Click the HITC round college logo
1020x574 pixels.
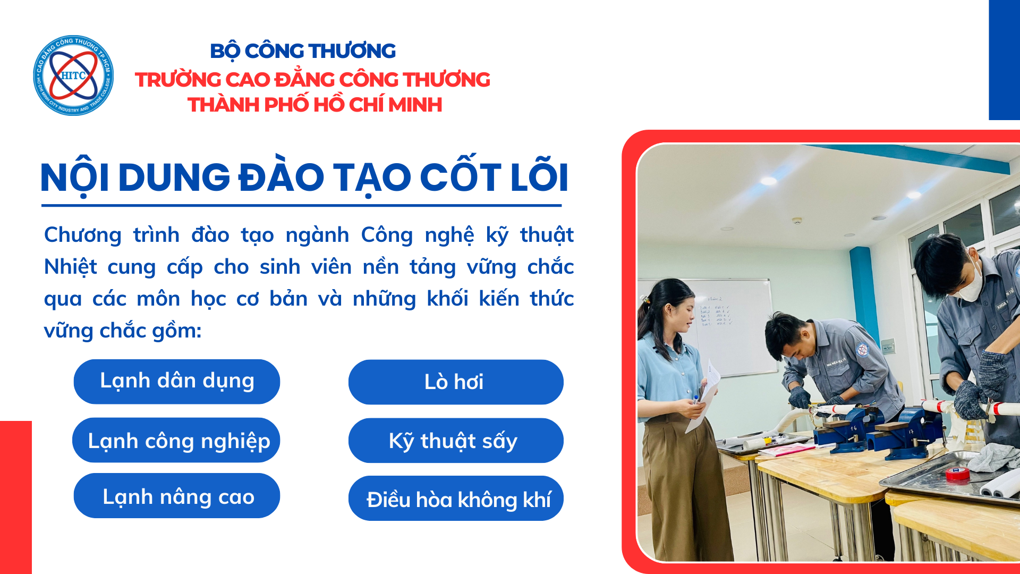73,75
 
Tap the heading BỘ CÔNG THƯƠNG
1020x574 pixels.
303,51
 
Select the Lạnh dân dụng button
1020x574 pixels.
177,382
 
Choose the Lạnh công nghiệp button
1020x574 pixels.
176,440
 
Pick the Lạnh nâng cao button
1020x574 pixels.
177,496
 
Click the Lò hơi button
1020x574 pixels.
456,382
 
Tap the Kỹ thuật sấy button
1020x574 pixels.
456,441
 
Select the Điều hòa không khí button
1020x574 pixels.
456,499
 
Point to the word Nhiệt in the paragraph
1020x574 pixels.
70,267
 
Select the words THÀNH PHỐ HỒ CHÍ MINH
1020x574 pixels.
314,105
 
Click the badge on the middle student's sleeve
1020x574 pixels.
862,349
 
